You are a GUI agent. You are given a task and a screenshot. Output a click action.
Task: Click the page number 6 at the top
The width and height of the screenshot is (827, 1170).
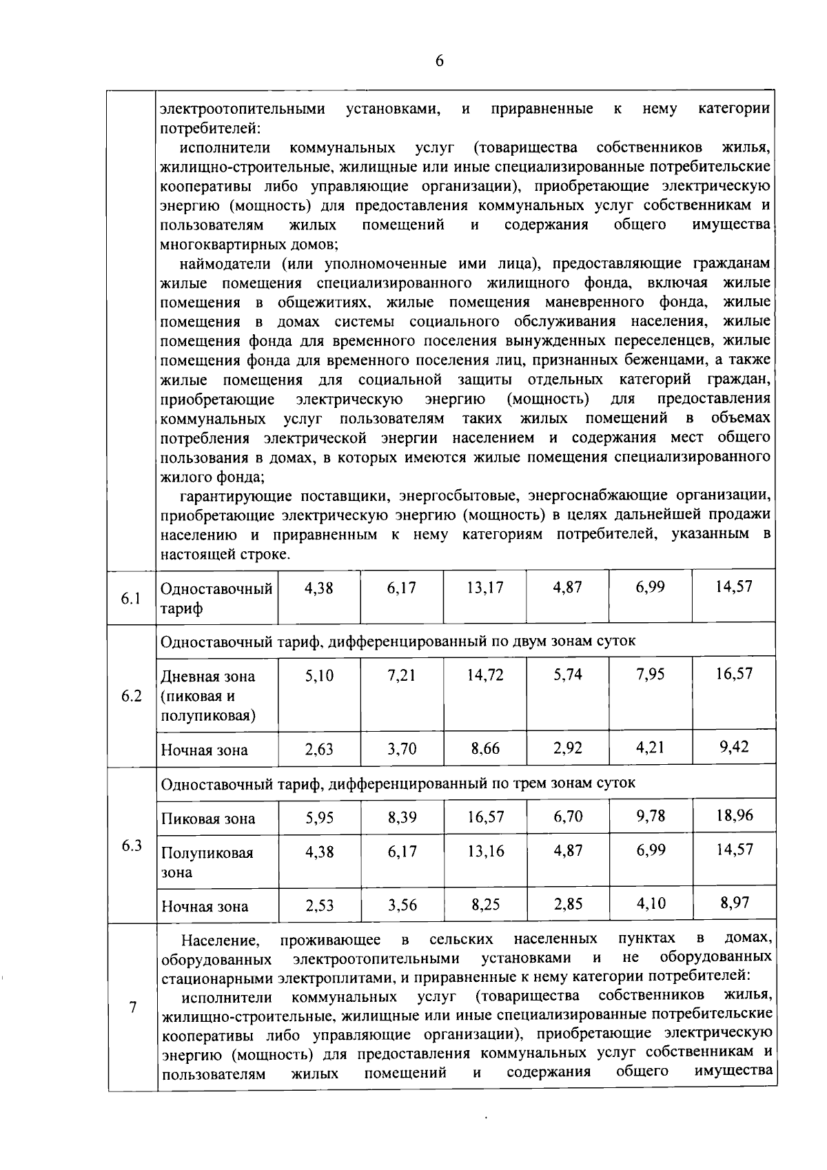[x=439, y=61]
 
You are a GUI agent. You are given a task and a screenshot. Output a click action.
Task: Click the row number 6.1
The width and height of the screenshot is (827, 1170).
[x=131, y=598]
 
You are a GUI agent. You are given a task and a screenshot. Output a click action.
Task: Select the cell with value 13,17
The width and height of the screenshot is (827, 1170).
[x=484, y=587]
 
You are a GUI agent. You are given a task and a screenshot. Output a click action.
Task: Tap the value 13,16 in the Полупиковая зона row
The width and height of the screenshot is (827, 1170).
[x=485, y=851]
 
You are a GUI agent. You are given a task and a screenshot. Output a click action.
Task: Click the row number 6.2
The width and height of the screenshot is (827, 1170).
[x=131, y=696]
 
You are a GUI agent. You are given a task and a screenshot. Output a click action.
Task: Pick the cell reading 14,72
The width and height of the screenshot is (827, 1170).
[x=484, y=675]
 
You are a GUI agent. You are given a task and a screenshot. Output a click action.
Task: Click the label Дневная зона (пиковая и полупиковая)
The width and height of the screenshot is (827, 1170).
[x=208, y=696]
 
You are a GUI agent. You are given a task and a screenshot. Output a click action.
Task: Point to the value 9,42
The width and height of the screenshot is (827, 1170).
[x=734, y=747]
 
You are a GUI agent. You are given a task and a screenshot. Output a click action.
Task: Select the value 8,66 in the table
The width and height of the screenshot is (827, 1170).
[x=485, y=748]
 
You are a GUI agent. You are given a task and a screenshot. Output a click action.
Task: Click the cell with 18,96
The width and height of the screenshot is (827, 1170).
[x=734, y=815]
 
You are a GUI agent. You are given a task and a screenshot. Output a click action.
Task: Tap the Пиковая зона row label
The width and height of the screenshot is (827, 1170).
[x=208, y=819]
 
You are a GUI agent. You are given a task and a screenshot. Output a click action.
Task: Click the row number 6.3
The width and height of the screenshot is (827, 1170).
[x=131, y=845]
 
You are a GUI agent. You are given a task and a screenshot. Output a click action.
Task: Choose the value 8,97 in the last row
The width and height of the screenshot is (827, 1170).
[x=734, y=903]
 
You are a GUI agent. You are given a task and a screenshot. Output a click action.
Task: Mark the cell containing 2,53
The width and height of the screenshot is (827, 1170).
[x=319, y=905]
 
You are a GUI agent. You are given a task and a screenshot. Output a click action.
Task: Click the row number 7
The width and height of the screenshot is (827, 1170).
[x=132, y=1007]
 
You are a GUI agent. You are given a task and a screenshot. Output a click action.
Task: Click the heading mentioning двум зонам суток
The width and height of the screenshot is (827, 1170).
[x=398, y=642]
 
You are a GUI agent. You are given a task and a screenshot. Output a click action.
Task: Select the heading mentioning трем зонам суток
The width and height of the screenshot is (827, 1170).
[x=398, y=783]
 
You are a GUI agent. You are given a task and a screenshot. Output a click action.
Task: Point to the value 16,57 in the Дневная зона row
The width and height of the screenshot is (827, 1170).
[x=734, y=673]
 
